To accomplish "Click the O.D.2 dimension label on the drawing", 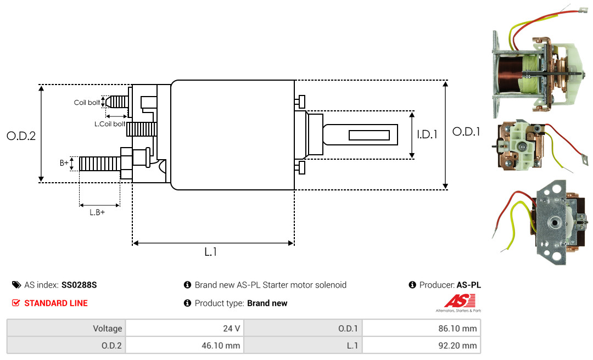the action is tap(21, 136).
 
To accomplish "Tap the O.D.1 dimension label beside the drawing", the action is tap(466, 132).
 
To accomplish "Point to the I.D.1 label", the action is tap(427, 134).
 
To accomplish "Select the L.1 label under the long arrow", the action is tap(211, 252).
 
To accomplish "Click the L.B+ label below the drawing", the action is tap(97, 212).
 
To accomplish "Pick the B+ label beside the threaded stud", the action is tap(64, 163).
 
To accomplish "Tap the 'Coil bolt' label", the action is tap(87, 103).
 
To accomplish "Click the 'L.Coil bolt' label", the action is tap(110, 124).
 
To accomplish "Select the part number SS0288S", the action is tap(79, 285).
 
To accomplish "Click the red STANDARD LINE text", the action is tap(56, 303).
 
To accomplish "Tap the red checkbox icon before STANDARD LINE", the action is tap(16, 303).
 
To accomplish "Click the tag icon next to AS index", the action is tap(16, 285).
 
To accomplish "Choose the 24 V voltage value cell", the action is tap(184, 328).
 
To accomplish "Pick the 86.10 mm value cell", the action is tap(421, 328).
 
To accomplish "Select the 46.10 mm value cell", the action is tap(184, 345).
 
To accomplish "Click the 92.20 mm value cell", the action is tap(421, 345).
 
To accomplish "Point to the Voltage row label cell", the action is tap(66, 328).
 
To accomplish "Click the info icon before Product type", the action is tap(187, 303).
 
